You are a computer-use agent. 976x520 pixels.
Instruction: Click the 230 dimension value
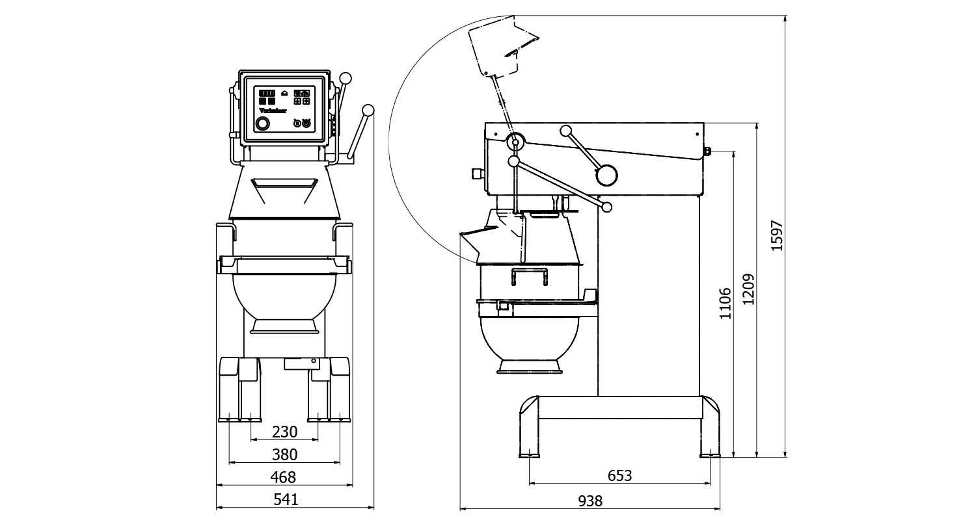pyautogui.click(x=284, y=432)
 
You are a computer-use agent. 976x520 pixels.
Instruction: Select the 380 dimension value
pyautogui.click(x=284, y=454)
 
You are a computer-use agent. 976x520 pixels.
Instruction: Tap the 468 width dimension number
pyautogui.click(x=283, y=478)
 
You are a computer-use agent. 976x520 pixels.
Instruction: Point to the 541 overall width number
pyautogui.click(x=286, y=500)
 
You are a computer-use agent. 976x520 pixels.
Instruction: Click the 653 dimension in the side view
pyautogui.click(x=619, y=476)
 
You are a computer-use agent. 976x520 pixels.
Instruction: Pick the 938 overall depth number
pyautogui.click(x=590, y=500)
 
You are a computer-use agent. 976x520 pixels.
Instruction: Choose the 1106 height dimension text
pyautogui.click(x=726, y=304)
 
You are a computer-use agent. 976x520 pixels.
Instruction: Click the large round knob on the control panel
pyautogui.click(x=262, y=123)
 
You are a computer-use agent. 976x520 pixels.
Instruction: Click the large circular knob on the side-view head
pyautogui.click(x=606, y=174)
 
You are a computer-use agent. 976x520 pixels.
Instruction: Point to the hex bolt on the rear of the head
pyautogui.click(x=708, y=153)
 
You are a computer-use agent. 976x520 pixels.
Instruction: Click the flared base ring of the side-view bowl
pyautogui.click(x=530, y=367)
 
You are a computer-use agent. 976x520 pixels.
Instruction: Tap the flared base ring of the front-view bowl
pyautogui.click(x=284, y=326)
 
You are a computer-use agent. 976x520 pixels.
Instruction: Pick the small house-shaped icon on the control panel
pyautogui.click(x=283, y=93)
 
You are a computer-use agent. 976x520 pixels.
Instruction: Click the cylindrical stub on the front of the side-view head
pyautogui.click(x=478, y=173)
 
